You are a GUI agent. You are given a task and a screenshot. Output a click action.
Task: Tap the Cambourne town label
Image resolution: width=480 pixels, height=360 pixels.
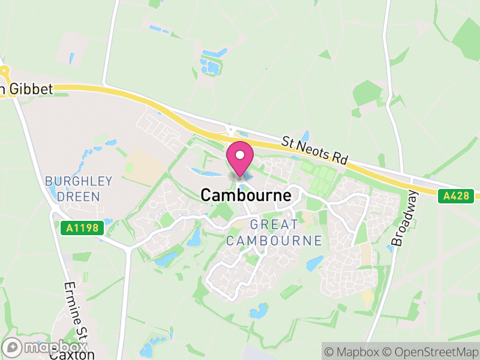pyautogui.click(x=246, y=195)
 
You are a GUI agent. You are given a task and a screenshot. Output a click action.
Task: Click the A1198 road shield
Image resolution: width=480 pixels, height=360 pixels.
pyautogui.click(x=82, y=228)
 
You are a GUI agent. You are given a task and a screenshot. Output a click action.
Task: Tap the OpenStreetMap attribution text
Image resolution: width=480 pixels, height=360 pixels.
pyautogui.click(x=432, y=351)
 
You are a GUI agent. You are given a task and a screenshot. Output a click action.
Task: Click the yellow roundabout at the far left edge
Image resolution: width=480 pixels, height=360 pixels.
pyautogui.click(x=4, y=71)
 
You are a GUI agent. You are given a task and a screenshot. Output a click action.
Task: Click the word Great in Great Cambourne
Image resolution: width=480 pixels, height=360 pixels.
pyautogui.click(x=274, y=224)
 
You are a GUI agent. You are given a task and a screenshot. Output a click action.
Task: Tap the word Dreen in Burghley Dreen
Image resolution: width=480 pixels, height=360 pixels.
pyautogui.click(x=79, y=196)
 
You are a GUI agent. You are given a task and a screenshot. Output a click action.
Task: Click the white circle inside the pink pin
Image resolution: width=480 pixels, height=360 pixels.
pyautogui.click(x=240, y=155)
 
